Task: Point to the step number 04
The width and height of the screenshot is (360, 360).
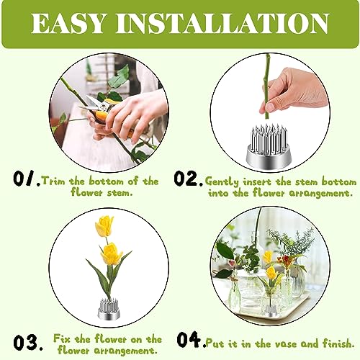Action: pyautogui.click(x=190, y=339)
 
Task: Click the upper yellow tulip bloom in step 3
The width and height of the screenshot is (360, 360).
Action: pyautogui.click(x=104, y=227)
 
